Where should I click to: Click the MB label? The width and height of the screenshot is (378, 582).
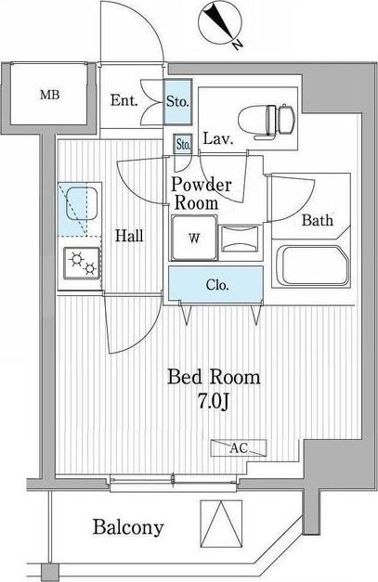point(50,95)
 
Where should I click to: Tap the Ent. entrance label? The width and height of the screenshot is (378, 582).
point(124,100)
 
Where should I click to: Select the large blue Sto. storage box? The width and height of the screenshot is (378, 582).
point(178,101)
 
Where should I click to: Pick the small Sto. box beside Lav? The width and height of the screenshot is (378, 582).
point(183,144)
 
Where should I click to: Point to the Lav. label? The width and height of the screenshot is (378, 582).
point(218,139)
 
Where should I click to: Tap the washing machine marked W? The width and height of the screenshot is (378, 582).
point(194,238)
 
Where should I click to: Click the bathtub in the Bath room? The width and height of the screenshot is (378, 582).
point(312,265)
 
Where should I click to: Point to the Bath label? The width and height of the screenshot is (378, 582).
point(317,220)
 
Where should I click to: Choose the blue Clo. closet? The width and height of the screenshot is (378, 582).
point(216,284)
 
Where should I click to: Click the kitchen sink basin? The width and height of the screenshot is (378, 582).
point(83,204)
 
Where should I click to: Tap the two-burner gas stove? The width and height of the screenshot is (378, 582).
point(82,264)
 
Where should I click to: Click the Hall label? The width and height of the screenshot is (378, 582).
point(129,236)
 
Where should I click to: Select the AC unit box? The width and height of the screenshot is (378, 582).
point(239,448)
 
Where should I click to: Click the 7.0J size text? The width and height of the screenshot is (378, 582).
point(213,401)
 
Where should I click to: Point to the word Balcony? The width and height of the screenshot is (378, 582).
point(128,527)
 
